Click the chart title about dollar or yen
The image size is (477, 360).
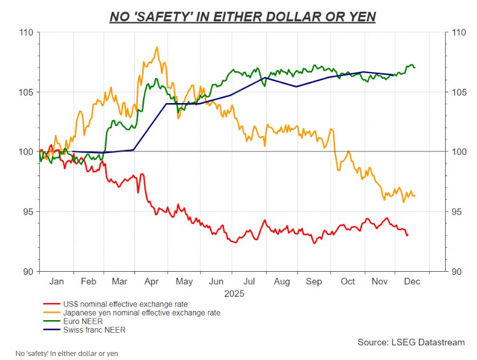tap(242, 17)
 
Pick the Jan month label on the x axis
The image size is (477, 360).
tap(56, 281)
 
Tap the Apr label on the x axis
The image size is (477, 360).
tap(152, 281)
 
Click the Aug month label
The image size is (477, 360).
tap(282, 281)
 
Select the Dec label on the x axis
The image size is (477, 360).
tap(412, 281)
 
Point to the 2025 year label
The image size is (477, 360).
tap(234, 294)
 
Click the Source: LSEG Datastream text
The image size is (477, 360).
tap(411, 342)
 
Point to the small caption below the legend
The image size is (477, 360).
tap(67, 353)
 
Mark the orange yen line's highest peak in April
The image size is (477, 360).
tap(157, 47)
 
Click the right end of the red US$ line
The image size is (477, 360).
tap(407, 235)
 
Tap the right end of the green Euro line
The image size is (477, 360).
tap(414, 67)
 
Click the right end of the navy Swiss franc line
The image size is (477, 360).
tap(393, 75)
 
